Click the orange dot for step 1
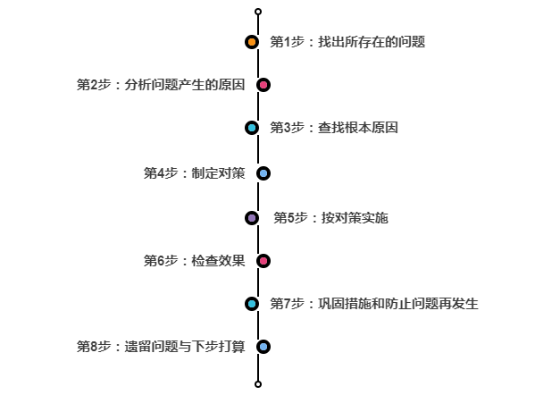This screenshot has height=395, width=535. point(252,42)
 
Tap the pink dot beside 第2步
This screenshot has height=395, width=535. point(263,85)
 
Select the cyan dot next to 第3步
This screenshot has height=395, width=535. point(252,128)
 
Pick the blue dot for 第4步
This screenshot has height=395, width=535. point(263,173)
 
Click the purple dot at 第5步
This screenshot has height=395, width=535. point(252,218)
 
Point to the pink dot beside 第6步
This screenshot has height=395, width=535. point(263,261)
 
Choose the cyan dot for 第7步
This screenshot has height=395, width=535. point(252,304)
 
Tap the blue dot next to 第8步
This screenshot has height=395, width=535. point(263,347)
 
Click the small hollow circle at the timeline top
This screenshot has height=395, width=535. point(258,12)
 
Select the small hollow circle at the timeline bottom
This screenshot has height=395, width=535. point(258,384)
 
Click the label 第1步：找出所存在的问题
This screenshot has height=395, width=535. point(347,42)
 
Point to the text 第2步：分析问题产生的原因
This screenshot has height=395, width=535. point(161,85)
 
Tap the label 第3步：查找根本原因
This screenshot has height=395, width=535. point(334,128)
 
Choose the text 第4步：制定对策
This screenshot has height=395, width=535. point(194,173)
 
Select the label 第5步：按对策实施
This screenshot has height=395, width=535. point(330,218)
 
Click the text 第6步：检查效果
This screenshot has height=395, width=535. point(194,261)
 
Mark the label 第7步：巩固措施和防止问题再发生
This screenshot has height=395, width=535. point(374,304)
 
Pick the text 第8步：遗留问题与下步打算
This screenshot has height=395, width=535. point(161,347)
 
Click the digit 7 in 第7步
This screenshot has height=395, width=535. point(287,304)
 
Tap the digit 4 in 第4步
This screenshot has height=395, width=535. point(161,173)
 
